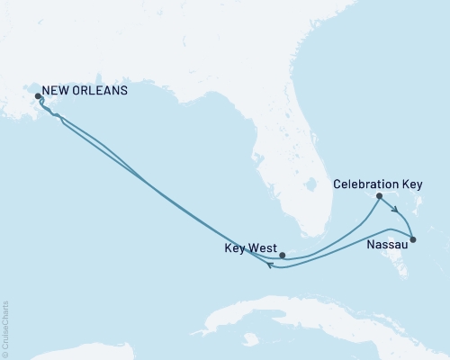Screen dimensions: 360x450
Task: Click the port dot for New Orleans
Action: [38, 96]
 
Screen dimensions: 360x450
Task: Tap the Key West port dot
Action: [283, 255]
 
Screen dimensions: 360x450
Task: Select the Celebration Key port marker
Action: [379, 196]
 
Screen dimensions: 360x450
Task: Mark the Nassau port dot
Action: [413, 238]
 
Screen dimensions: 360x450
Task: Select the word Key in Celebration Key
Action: [412, 184]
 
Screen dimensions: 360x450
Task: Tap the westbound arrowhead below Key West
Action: [271, 265]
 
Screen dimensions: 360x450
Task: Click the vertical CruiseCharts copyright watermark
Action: [5, 328]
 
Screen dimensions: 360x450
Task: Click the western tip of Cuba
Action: [210, 329]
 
